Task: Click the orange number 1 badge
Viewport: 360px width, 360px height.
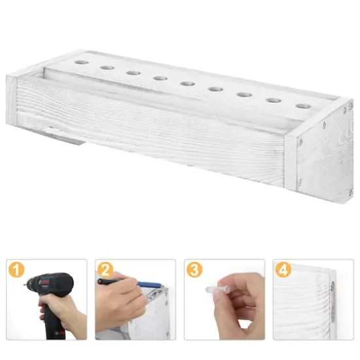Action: pyautogui.click(x=15, y=269)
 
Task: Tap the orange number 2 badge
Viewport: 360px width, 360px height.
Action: pyautogui.click(x=104, y=269)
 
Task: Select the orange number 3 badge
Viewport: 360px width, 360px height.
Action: pyautogui.click(x=194, y=269)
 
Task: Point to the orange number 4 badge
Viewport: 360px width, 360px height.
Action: pyautogui.click(x=282, y=269)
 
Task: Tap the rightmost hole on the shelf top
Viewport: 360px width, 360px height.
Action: pyautogui.click(x=302, y=105)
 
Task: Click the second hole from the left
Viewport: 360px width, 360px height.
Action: pyautogui.click(x=105, y=68)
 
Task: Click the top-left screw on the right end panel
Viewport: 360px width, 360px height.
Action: pyautogui.click(x=301, y=139)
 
